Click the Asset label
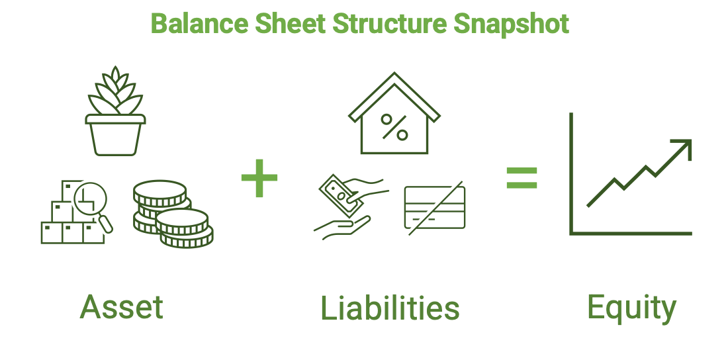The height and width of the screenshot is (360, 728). click(122, 306)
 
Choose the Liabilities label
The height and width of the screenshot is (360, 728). click(390, 308)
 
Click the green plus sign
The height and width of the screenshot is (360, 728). click(259, 177)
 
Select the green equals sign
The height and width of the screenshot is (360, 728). click(522, 177)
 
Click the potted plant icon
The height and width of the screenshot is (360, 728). click(115, 111)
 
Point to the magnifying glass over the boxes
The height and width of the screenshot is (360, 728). click(92, 203)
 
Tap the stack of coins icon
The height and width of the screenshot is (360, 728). click(173, 214)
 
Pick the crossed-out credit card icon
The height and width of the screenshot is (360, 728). click(435, 207)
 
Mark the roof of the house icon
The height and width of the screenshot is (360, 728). click(394, 97)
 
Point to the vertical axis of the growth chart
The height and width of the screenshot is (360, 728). click(571, 173)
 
